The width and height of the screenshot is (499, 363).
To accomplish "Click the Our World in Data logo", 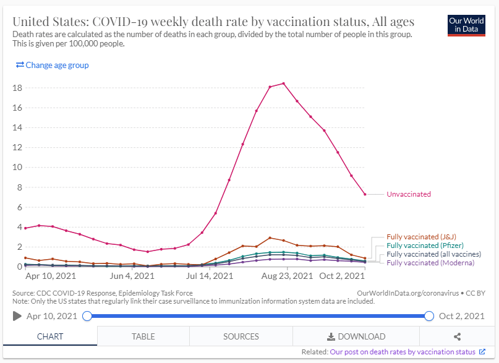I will click(466, 25).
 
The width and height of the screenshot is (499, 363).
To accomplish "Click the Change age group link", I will click(53, 65).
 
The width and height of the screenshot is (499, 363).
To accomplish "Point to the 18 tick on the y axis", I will click(17, 88).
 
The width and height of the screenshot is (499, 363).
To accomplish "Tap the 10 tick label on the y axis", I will click(17, 167).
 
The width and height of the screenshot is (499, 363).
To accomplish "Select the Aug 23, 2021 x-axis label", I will click(284, 276).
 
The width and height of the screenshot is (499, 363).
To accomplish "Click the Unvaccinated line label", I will click(409, 194).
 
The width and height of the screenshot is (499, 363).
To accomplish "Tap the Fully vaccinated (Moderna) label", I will click(430, 263).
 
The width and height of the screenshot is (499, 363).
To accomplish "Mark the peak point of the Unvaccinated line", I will click(284, 83).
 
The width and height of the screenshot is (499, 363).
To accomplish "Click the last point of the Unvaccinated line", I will click(365, 194).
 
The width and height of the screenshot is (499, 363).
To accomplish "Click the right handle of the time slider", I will click(430, 316).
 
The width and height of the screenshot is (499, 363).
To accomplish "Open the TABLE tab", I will click(143, 336).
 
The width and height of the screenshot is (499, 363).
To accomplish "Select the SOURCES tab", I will click(241, 336).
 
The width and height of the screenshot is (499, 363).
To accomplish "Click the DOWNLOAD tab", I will click(356, 336).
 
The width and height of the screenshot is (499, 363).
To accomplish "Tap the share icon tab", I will click(458, 336).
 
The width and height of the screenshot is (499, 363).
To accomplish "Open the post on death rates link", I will click(403, 352).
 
